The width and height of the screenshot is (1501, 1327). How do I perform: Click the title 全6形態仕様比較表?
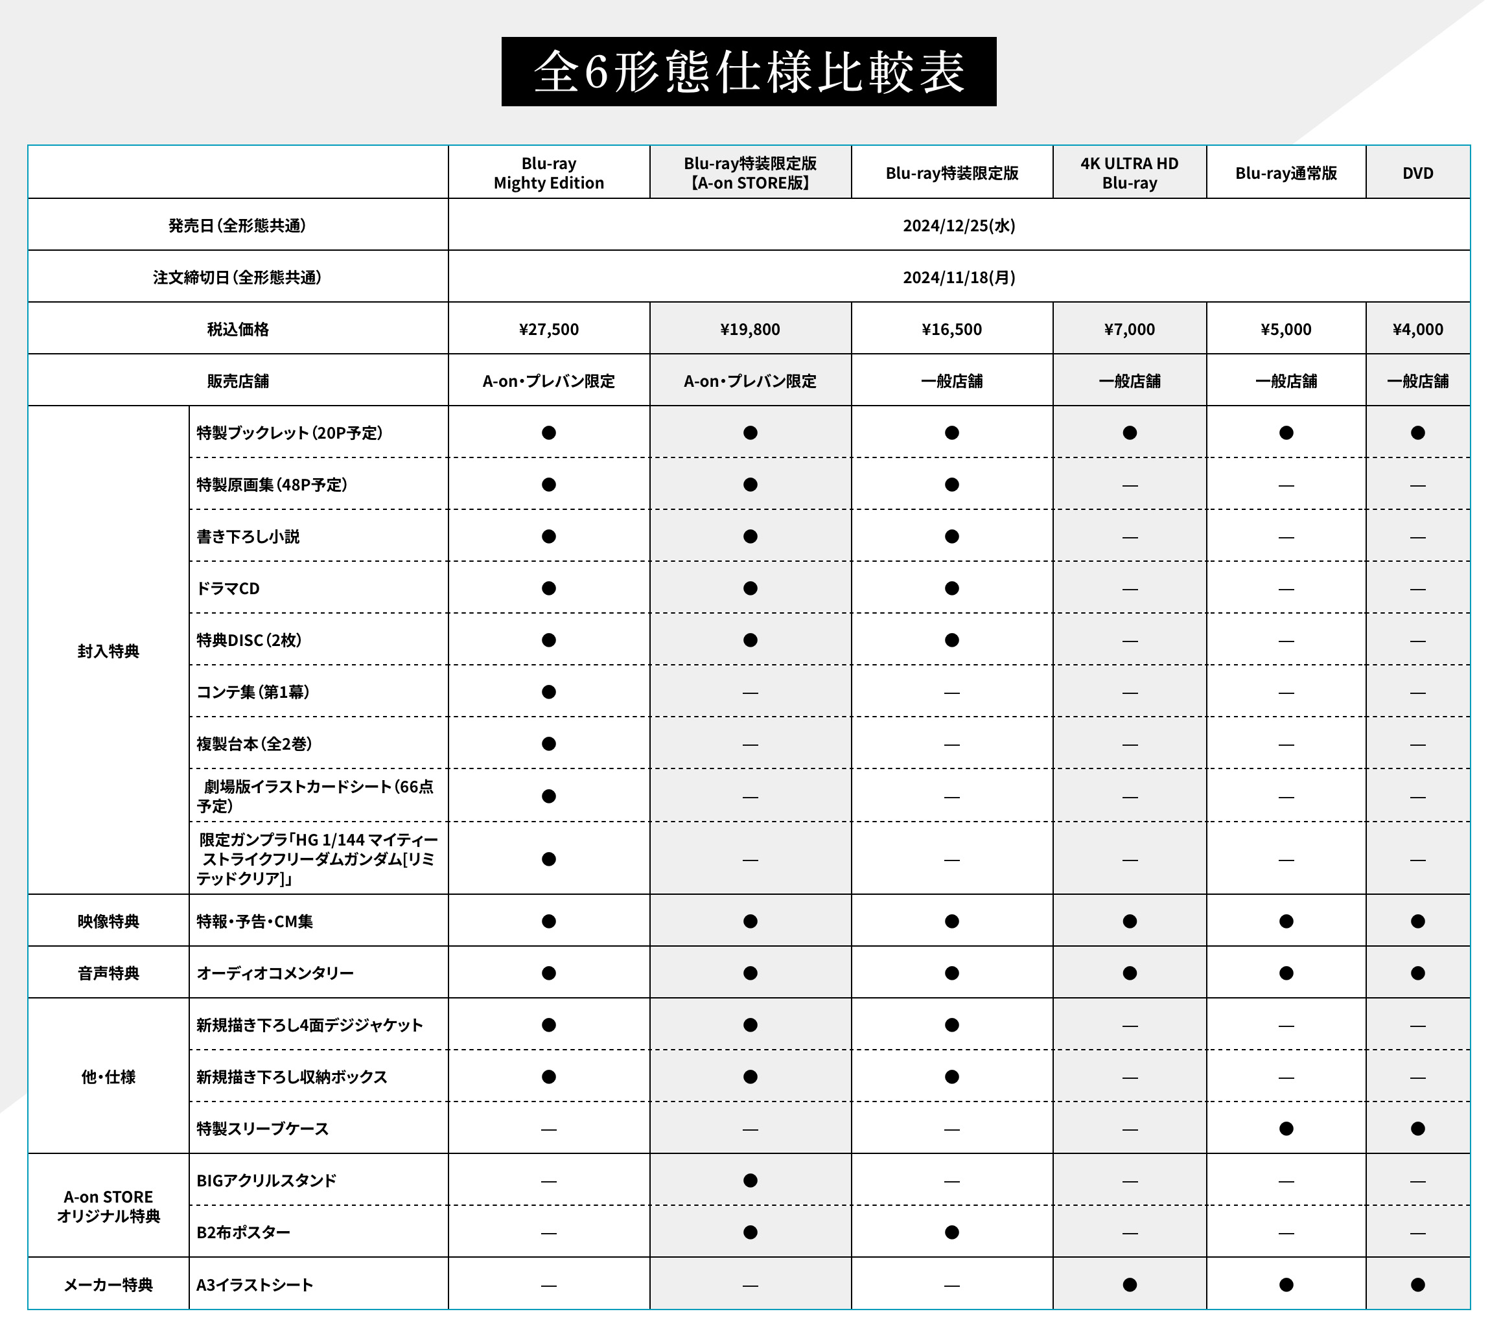pyautogui.click(x=749, y=72)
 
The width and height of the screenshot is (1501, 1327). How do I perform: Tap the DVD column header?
pyautogui.click(x=1417, y=173)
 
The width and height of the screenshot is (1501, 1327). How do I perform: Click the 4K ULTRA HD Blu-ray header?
pyautogui.click(x=1129, y=173)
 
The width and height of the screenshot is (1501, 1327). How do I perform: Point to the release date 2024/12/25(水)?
pyautogui.click(x=959, y=225)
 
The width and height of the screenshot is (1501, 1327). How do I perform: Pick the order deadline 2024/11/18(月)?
pyautogui.click(x=959, y=277)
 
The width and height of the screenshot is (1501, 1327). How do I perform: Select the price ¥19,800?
pyautogui.click(x=750, y=329)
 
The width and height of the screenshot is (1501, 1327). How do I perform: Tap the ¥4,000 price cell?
pyautogui.click(x=1417, y=329)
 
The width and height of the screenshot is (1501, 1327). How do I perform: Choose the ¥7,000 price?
pyautogui.click(x=1129, y=329)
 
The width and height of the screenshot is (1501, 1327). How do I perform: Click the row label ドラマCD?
pyautogui.click(x=228, y=588)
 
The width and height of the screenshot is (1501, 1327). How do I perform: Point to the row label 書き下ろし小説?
pyautogui.click(x=248, y=537)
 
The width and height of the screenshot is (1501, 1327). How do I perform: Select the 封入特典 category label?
pyautogui.click(x=108, y=651)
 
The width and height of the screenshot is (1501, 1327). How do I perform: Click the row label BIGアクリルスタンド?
pyautogui.click(x=266, y=1180)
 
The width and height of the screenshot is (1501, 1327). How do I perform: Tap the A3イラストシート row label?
pyautogui.click(x=255, y=1284)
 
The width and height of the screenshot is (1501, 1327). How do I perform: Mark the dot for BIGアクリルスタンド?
pyautogui.click(x=750, y=1180)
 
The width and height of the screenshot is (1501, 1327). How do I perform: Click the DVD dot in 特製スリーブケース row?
pyautogui.click(x=1417, y=1129)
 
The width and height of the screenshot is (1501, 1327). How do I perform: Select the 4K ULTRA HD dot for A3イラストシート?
pyautogui.click(x=1130, y=1284)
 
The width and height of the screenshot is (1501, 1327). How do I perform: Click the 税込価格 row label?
pyautogui.click(x=238, y=329)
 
